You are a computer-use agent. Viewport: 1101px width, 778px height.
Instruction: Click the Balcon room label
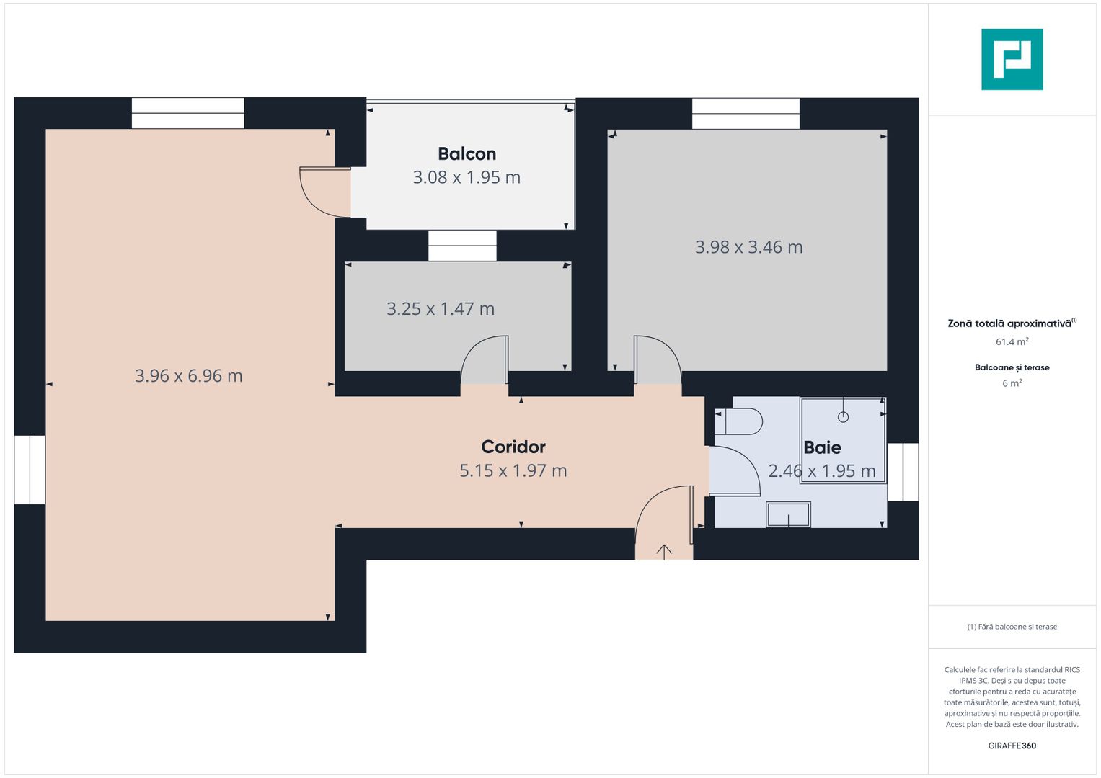467,154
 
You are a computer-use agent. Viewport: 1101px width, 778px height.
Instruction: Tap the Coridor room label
513,447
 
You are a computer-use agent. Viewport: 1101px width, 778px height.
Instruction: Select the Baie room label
822,447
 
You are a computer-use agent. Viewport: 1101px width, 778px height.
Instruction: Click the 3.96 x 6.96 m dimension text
189,376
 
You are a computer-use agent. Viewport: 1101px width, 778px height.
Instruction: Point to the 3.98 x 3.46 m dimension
748,247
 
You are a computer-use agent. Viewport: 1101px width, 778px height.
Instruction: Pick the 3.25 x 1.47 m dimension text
441,309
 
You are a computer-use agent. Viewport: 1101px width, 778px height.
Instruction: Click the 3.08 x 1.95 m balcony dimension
467,177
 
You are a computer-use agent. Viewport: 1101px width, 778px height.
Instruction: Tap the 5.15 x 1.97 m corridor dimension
513,470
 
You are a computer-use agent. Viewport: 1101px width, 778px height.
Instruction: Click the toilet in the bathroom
740,421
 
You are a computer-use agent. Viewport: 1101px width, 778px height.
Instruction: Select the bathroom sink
788,514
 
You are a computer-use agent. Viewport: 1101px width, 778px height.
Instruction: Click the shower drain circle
843,417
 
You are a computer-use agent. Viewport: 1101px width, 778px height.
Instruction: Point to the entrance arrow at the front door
664,551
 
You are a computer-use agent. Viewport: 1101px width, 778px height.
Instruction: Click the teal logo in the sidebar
1012,59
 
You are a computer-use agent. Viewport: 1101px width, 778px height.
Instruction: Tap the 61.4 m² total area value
1012,342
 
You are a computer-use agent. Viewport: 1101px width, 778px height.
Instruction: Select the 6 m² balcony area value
1012,383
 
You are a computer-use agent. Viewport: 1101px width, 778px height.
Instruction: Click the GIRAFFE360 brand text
1012,746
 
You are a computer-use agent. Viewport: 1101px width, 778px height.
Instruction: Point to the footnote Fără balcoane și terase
1012,627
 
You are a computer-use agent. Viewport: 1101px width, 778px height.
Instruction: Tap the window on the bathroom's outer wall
903,472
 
